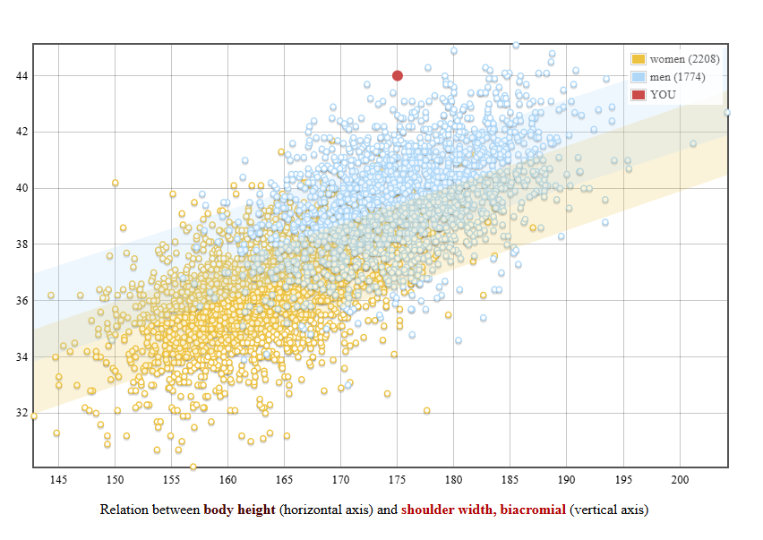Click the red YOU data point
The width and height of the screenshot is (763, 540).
[398, 75]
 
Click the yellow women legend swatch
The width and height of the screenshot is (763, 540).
[639, 59]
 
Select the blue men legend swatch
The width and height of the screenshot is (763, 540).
[639, 77]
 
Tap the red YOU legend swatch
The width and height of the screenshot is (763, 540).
[639, 95]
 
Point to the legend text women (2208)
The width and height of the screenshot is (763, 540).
[684, 59]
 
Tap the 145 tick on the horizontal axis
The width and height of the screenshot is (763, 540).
[58, 480]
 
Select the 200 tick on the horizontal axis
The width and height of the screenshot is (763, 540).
[680, 480]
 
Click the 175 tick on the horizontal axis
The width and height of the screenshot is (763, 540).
[398, 480]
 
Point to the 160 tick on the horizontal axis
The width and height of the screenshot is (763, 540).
[227, 480]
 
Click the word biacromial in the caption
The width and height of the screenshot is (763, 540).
[533, 510]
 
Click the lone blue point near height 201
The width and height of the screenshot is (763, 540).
[692, 143]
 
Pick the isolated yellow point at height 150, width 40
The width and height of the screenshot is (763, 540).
[116, 183]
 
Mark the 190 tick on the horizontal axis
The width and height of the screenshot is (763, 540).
[567, 480]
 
